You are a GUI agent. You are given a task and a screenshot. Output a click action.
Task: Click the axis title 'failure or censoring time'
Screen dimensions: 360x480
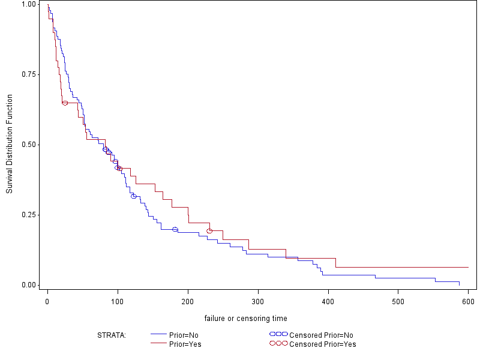245,318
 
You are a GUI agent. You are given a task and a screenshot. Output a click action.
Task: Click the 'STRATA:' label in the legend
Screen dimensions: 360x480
112,335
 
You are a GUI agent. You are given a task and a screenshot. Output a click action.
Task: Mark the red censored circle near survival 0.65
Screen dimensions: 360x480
65,103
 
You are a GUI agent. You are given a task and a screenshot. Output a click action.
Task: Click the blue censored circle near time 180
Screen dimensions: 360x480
175,229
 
